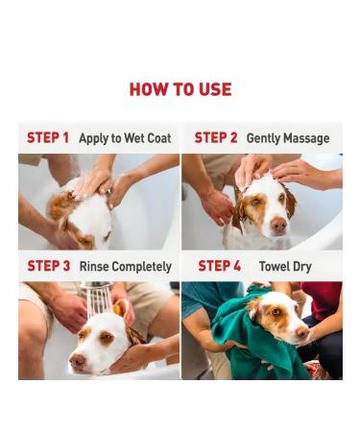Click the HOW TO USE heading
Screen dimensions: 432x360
pyautogui.click(x=180, y=89)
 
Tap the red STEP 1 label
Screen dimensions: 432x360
pyautogui.click(x=48, y=138)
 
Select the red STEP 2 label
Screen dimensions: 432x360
pyautogui.click(x=216, y=138)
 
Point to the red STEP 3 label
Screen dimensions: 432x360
pyautogui.click(x=48, y=266)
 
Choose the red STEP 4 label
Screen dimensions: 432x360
pyautogui.click(x=220, y=266)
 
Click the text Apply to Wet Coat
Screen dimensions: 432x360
pyautogui.click(x=125, y=138)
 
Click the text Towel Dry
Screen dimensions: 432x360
pyautogui.click(x=286, y=266)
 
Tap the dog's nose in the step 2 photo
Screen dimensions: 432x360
pyautogui.click(x=277, y=224)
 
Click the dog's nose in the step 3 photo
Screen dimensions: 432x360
pyautogui.click(x=76, y=362)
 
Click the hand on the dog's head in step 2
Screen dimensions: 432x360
pyautogui.click(x=254, y=171)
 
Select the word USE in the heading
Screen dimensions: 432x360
pyautogui.click(x=213, y=89)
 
